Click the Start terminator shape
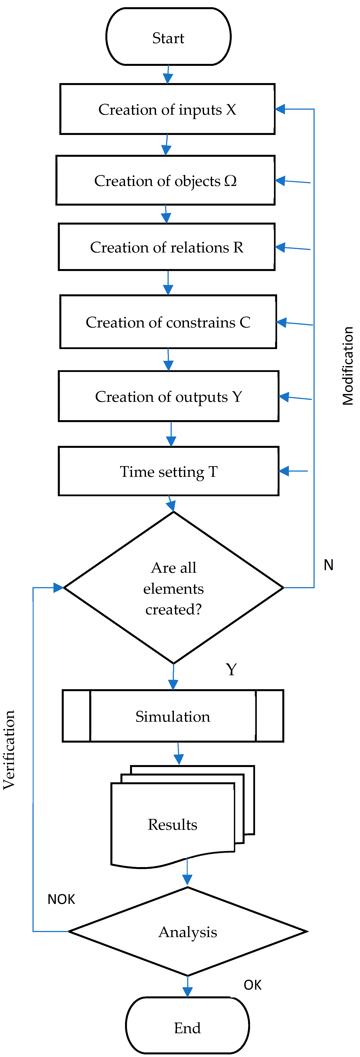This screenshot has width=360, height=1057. (x=168, y=37)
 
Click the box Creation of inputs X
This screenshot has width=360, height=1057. (x=167, y=109)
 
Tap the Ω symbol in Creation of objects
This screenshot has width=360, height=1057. (x=231, y=181)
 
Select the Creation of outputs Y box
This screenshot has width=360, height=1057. (x=168, y=396)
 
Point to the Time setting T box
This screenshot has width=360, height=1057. (x=168, y=471)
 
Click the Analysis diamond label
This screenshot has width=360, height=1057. (x=188, y=932)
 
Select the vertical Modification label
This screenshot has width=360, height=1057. (x=348, y=366)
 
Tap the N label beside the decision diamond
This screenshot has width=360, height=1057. (x=328, y=565)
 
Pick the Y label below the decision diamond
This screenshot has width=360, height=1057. (x=231, y=670)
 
